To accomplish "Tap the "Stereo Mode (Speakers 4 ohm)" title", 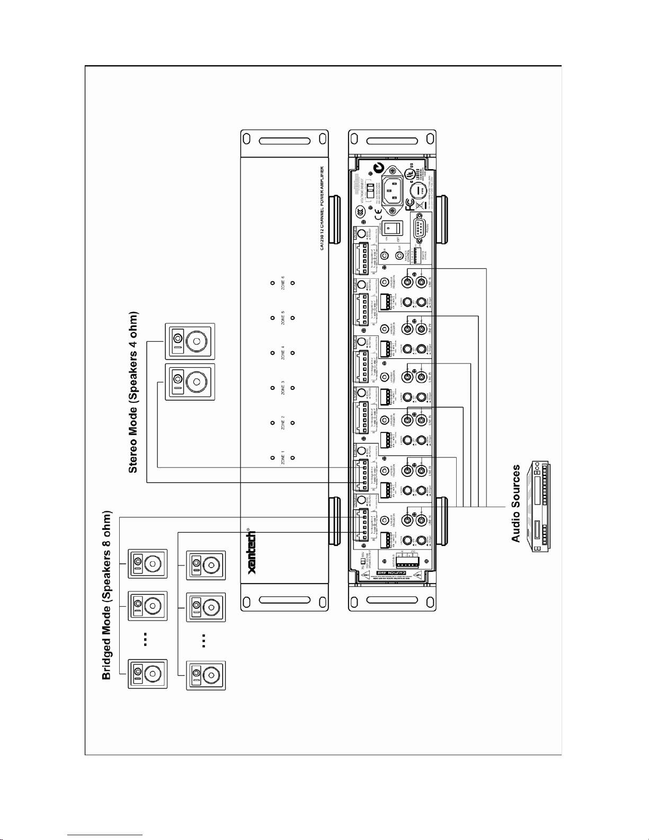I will click(133, 392).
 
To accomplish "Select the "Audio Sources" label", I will click(515, 503).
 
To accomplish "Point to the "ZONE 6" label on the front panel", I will click(283, 282).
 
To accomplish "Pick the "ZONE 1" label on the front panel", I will click(283, 457).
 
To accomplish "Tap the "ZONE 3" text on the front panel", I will click(283, 388).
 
